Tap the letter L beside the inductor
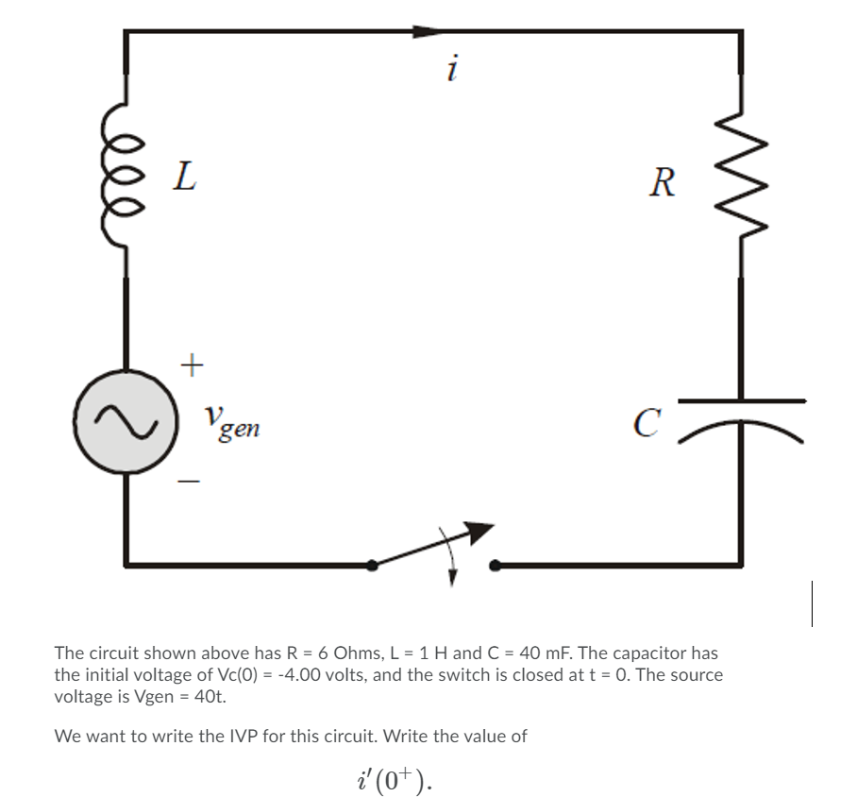click(185, 176)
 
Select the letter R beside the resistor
click(663, 181)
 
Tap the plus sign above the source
click(192, 365)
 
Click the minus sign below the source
click(191, 483)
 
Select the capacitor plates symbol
click(740, 416)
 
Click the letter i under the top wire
click(454, 68)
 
